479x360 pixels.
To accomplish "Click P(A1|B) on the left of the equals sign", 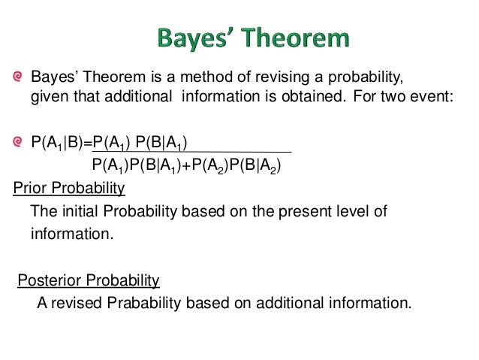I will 58,141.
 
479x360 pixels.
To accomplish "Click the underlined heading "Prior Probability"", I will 69,188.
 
